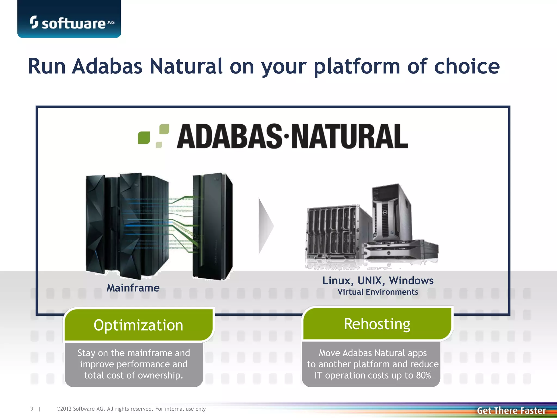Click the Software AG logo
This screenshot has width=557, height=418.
[71, 23]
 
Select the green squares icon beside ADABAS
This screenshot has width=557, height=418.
[153, 136]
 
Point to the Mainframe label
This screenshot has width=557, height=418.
[133, 288]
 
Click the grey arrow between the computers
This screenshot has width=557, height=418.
[265, 226]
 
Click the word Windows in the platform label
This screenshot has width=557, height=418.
[411, 281]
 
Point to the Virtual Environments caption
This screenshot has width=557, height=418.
[378, 292]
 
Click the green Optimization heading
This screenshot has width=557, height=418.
[138, 325]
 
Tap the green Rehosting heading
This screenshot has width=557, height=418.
[377, 324]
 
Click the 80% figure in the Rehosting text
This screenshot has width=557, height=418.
[423, 375]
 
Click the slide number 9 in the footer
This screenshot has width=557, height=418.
[32, 409]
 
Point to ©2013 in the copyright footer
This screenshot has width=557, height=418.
[64, 409]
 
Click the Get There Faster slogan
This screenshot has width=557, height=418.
[511, 410]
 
